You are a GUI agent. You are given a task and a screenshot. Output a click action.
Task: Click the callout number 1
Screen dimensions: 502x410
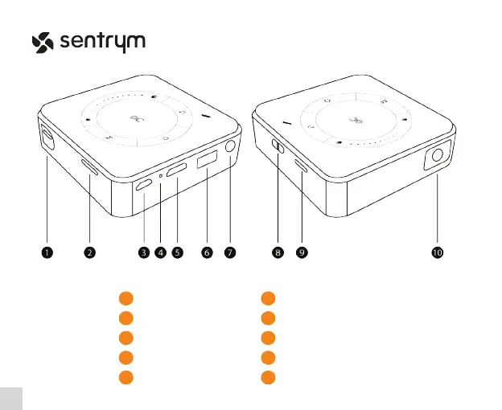47,252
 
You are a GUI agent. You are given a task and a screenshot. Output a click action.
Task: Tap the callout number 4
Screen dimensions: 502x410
160,252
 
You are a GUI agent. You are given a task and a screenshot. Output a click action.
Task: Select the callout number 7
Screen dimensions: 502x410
230,252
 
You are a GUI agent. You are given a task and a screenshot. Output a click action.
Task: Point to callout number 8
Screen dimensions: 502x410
278,252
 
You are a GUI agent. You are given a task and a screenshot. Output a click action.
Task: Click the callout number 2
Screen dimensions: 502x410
89,252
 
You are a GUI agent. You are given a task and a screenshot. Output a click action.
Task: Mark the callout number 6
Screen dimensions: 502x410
207,252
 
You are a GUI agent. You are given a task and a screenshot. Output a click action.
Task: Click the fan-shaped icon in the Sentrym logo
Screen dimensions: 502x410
43,42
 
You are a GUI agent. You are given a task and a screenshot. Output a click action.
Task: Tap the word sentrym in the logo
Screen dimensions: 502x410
102,42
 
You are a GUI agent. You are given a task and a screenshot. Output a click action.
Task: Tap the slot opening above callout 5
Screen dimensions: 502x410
177,170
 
